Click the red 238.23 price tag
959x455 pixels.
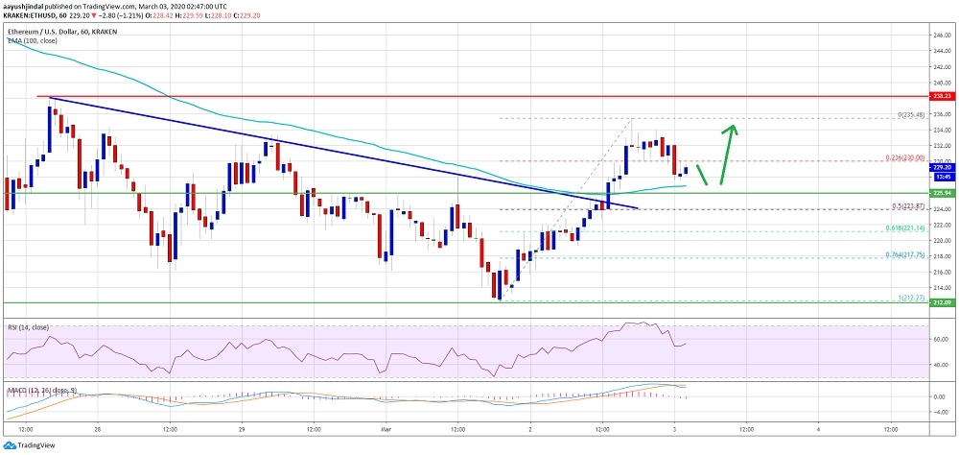pos(941,96)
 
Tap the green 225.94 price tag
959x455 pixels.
pos(941,193)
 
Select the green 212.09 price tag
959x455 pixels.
pos(941,303)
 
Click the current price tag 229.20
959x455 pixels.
pos(941,167)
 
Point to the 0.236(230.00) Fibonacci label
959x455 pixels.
pos(904,157)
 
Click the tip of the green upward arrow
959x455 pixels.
pos(734,125)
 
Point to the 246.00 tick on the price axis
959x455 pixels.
pos(940,36)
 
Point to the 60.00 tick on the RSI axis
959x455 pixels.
pos(940,339)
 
